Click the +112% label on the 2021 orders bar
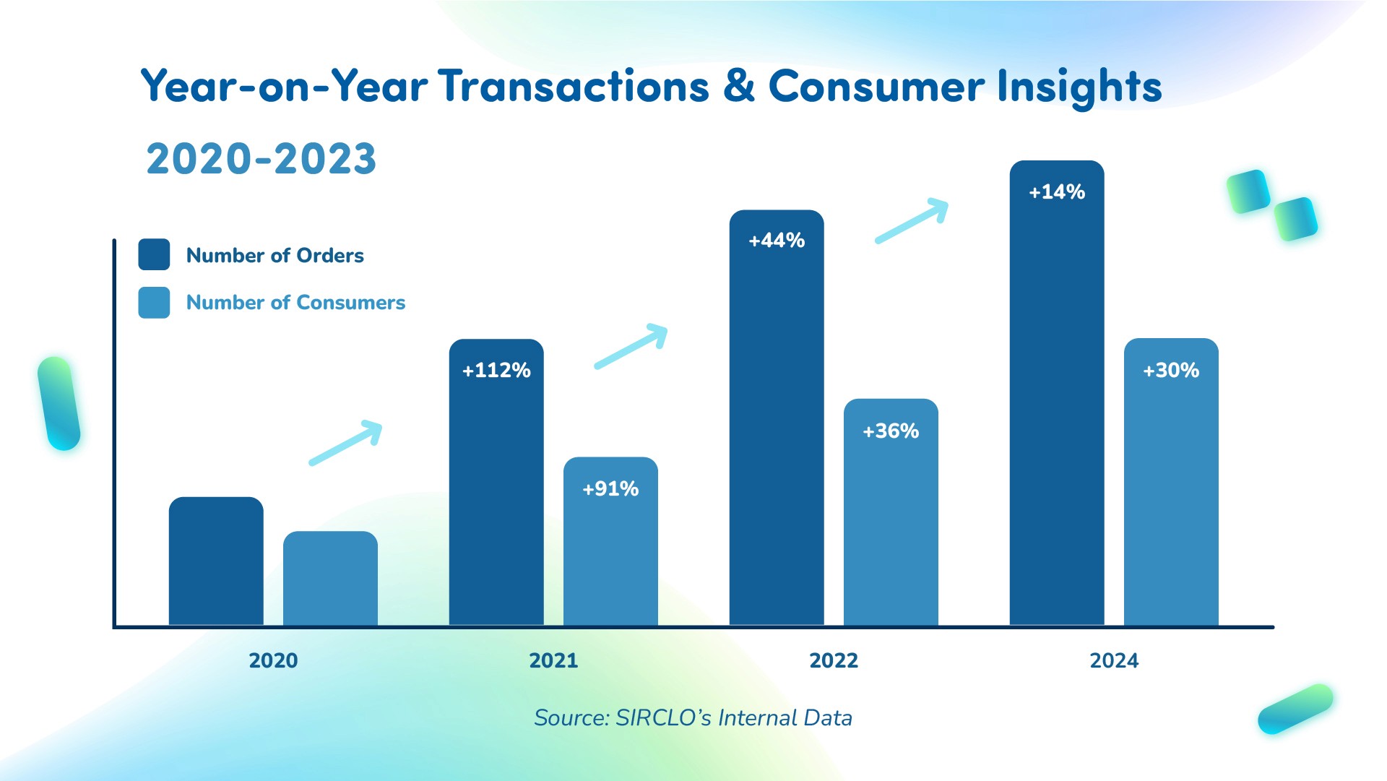pyautogui.click(x=496, y=371)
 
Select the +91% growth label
pyautogui.click(x=610, y=489)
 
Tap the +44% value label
pyautogui.click(x=777, y=241)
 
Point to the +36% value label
pyautogui.click(x=891, y=431)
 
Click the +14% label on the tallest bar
pyautogui.click(x=1057, y=192)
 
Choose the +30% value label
pyautogui.click(x=1171, y=371)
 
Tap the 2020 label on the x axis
pyautogui.click(x=273, y=660)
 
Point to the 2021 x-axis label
pyautogui.click(x=553, y=660)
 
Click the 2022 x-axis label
pyautogui.click(x=834, y=660)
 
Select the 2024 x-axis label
pyautogui.click(x=1114, y=660)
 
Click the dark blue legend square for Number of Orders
pyautogui.click(x=154, y=254)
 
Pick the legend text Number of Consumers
pyautogui.click(x=295, y=302)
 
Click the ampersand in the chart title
pyautogui.click(x=738, y=86)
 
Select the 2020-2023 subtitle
pyautogui.click(x=262, y=159)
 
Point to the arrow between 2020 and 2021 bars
pyautogui.click(x=345, y=442)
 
